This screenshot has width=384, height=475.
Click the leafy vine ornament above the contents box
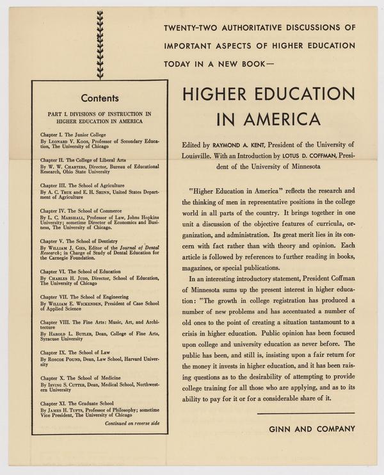[100, 44]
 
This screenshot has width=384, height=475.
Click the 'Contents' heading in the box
[100, 98]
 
